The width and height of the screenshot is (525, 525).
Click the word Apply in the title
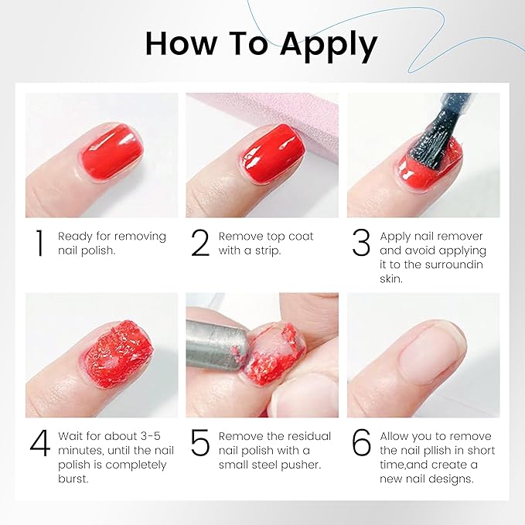329,46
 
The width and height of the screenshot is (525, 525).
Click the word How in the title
181,43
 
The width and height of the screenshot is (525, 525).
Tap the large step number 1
39,243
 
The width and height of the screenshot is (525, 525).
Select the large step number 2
200,243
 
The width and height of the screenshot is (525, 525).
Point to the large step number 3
361,243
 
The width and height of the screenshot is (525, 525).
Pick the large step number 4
40,442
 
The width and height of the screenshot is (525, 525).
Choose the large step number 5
200,442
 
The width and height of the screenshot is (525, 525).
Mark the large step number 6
362,442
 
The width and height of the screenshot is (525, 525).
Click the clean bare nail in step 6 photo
430,355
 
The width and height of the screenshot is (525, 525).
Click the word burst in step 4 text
73,479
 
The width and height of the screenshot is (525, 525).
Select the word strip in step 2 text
266,251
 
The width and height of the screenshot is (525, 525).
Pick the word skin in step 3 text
391,278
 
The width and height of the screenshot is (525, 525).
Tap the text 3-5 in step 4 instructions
150,436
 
